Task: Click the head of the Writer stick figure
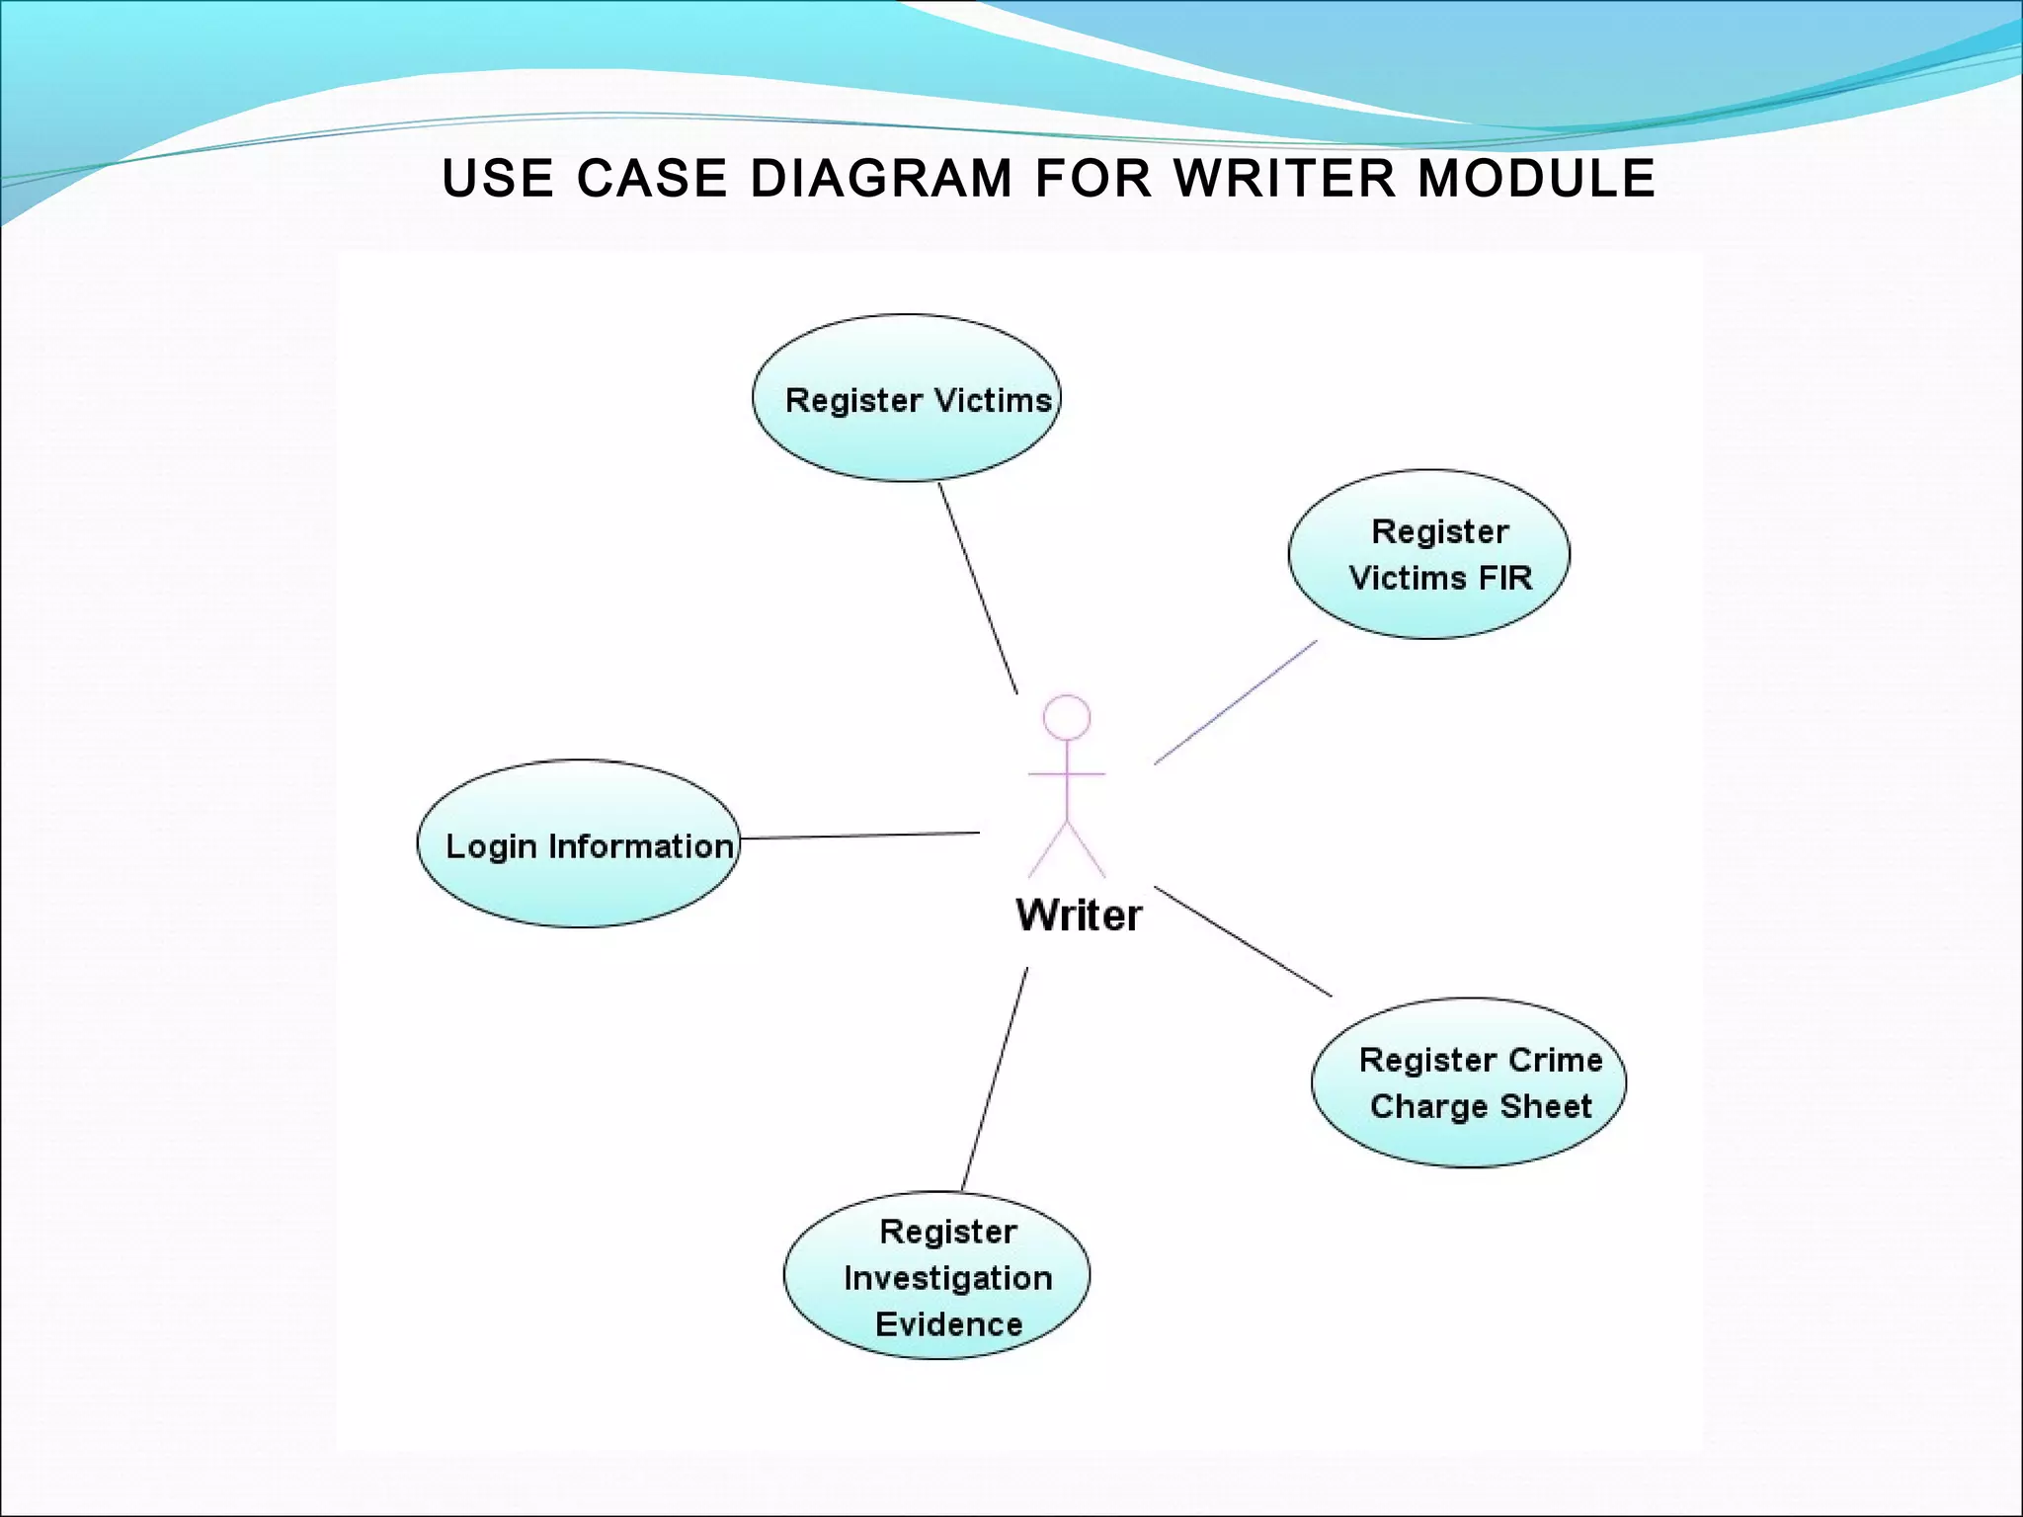1067,717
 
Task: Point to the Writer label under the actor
1079,916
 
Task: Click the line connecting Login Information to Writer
859,836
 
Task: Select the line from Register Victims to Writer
978,589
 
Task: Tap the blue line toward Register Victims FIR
1235,702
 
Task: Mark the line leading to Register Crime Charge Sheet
1243,941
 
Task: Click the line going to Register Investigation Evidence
995,1078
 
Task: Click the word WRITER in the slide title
1284,179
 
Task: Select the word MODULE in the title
1536,179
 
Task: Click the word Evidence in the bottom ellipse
948,1324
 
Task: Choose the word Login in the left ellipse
490,847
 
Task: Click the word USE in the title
497,179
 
